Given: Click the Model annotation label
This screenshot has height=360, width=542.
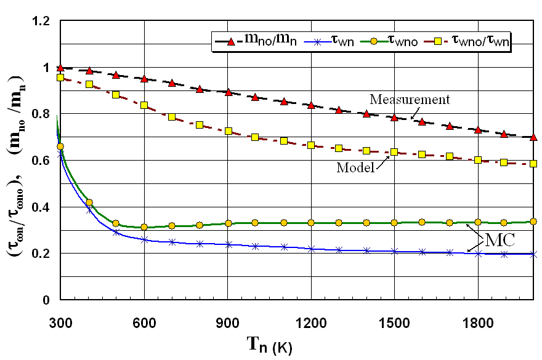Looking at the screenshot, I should [x=355, y=167].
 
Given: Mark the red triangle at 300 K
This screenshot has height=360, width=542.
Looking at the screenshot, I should [x=60, y=68].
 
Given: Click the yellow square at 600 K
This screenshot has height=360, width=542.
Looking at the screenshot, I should [x=144, y=105].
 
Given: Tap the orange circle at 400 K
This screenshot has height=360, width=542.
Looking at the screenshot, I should [x=89, y=202].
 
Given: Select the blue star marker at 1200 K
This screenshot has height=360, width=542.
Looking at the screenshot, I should [x=311, y=249].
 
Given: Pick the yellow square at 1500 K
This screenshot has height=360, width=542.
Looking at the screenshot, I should [x=394, y=151].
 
